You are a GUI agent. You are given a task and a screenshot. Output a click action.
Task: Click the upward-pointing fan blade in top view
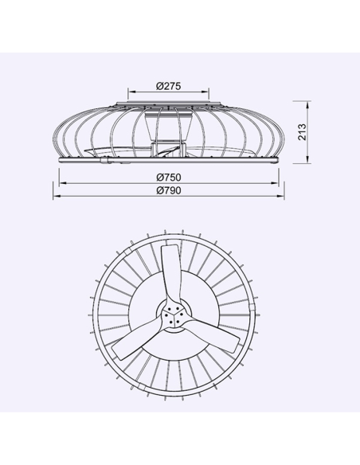(170, 271)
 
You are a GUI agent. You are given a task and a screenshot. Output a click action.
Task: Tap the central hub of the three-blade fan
(173, 317)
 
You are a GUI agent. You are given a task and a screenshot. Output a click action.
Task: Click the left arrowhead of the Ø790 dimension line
(57, 197)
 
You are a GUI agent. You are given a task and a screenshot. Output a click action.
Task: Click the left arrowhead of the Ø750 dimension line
(62, 182)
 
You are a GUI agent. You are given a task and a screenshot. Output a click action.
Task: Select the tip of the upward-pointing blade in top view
(168, 248)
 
